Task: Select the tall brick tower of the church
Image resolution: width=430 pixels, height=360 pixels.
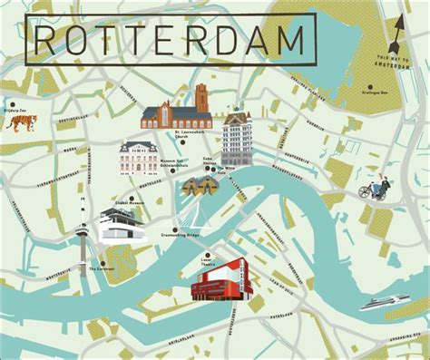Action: pyautogui.click(x=201, y=102)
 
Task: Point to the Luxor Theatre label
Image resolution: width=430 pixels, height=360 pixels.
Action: pyautogui.click(x=210, y=263)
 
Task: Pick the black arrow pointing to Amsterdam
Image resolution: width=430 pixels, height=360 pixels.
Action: pyautogui.click(x=396, y=36)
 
